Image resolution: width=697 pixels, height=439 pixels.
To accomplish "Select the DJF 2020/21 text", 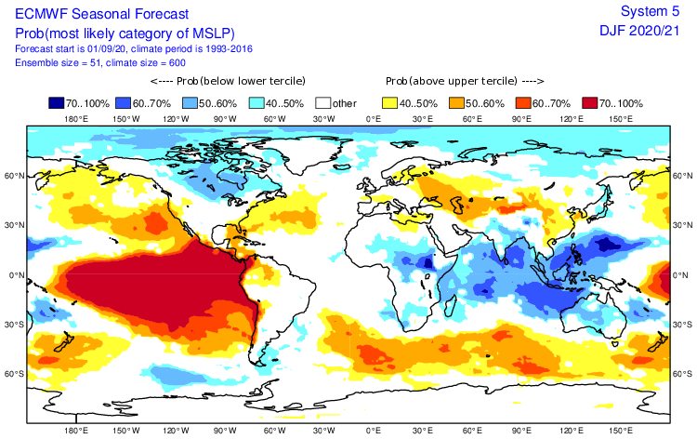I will (x=641, y=32).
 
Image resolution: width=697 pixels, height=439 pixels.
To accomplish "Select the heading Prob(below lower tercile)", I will (x=215, y=81).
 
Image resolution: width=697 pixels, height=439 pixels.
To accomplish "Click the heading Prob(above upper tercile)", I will (x=458, y=81).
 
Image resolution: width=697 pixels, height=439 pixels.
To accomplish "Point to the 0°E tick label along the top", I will (x=374, y=119).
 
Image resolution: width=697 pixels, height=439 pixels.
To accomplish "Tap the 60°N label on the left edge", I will (x=13, y=176).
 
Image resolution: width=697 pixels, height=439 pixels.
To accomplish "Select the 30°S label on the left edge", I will (x=13, y=325).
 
